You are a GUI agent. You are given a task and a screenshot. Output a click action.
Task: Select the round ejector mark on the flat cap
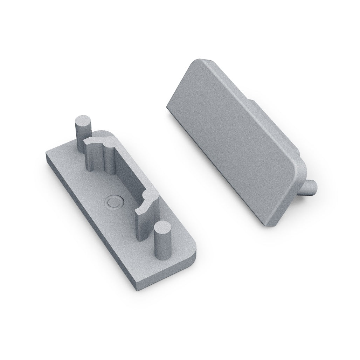click(113, 202)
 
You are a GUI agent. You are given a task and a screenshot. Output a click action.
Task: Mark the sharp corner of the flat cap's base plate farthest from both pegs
click(47, 154)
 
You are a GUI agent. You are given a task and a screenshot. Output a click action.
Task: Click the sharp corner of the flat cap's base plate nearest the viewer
click(135, 288)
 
